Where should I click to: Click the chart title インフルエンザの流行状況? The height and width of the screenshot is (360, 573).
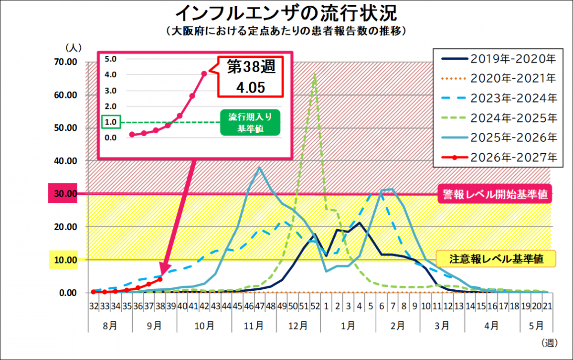(286, 13)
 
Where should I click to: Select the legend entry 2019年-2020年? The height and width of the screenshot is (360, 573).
(499, 59)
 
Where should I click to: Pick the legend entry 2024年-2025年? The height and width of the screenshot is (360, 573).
(499, 118)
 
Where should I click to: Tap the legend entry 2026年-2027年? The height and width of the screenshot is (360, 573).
(499, 158)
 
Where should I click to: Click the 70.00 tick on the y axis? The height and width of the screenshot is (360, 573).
(65, 62)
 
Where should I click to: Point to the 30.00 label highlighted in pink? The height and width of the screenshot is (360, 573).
(63, 193)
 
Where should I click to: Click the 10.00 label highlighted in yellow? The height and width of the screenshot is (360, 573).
(64, 260)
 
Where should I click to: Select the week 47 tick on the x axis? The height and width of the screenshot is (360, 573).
(260, 306)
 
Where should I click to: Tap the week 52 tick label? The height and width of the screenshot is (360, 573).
(315, 306)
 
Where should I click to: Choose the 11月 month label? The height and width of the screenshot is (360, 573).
(254, 326)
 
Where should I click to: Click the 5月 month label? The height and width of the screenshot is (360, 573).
(536, 326)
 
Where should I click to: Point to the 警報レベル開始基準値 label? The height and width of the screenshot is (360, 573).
(495, 194)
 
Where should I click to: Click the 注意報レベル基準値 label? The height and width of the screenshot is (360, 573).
(496, 259)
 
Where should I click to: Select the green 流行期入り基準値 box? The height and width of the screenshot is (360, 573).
(250, 123)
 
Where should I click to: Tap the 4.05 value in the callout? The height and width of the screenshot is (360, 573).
(250, 87)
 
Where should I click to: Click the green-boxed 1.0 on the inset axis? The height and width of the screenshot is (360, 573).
(111, 122)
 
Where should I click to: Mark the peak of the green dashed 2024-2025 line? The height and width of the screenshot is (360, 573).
(315, 74)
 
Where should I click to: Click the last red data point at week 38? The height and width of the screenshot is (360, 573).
(160, 279)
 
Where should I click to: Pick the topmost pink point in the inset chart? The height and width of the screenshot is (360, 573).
(204, 74)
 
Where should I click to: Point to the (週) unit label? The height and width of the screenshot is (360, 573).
(550, 343)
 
